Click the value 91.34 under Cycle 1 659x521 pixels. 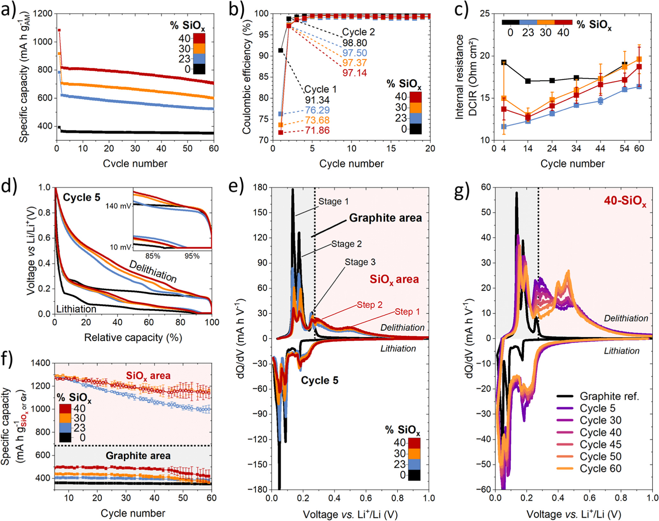coord(317,100)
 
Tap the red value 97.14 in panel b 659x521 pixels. coord(355,73)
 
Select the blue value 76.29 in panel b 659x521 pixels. coord(317,110)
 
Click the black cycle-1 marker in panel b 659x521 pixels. coord(281,50)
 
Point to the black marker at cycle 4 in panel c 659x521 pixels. coord(504,62)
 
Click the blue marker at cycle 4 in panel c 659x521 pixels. coord(504,126)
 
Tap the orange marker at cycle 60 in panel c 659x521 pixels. coord(639,59)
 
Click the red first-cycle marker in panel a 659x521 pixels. coord(59,30)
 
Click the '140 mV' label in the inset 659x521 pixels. coord(118,206)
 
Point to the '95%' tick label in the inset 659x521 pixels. coord(192,256)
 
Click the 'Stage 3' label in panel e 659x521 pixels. coord(360,262)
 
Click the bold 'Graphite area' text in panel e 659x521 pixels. coord(385,218)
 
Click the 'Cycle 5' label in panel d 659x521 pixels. coord(82,197)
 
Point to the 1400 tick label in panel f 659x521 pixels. coord(41,363)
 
